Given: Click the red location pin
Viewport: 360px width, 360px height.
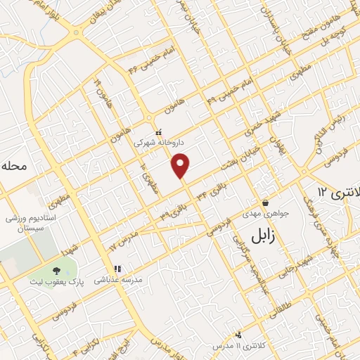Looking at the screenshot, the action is coord(181,165).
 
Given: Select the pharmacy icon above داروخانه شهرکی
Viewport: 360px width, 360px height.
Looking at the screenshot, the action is coord(159,131).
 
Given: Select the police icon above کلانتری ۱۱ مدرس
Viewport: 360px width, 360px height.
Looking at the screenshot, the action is coord(239,335).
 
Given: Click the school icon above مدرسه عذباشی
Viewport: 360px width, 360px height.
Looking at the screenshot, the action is coord(118,268).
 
